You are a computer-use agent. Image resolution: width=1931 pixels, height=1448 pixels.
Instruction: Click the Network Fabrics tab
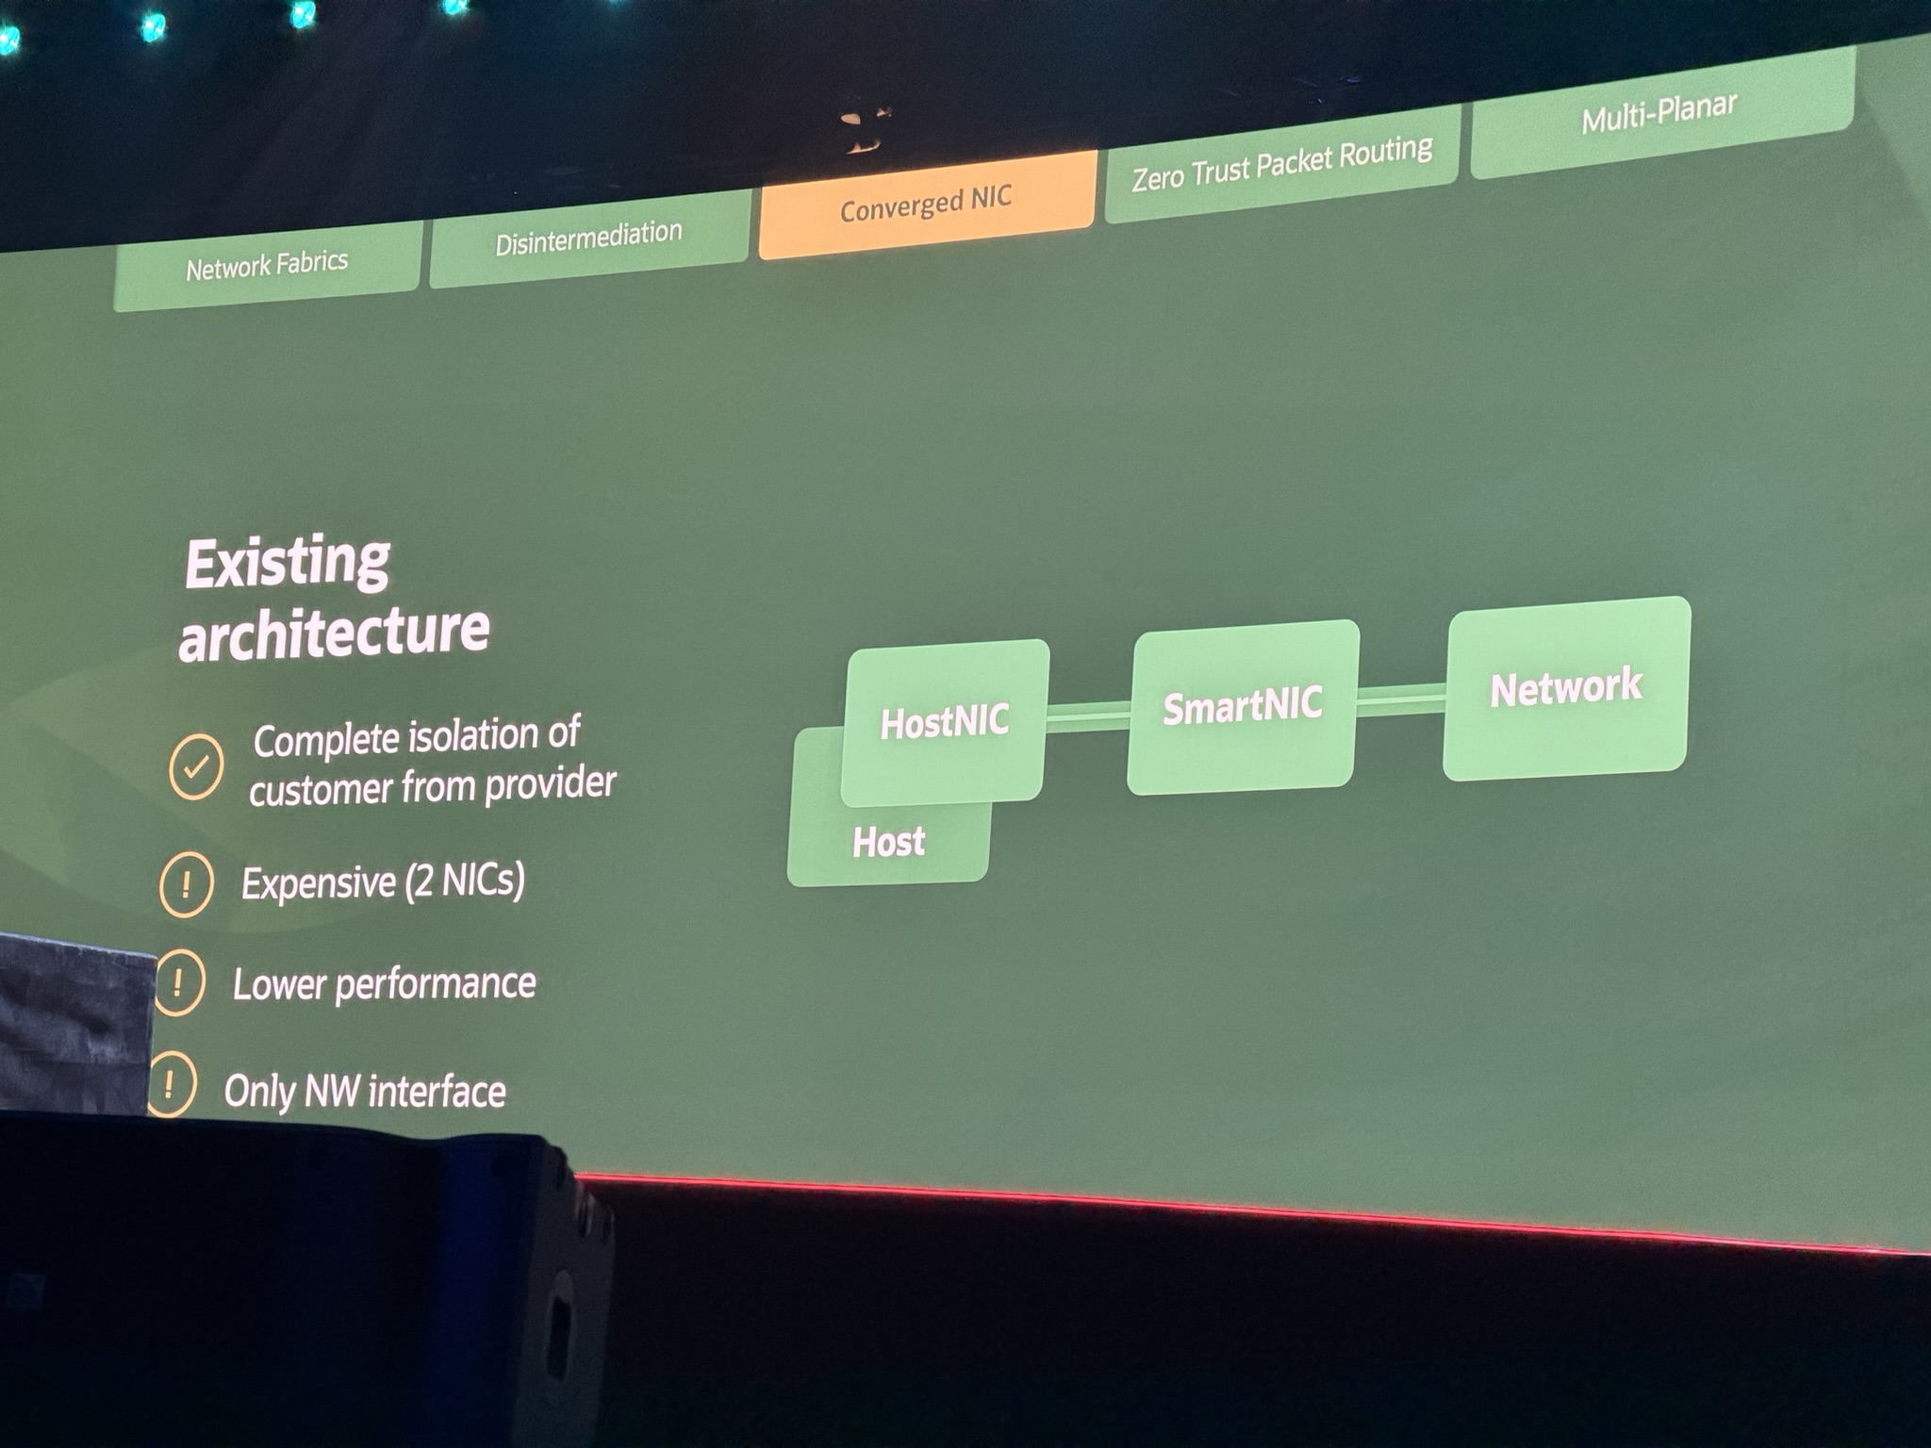coord(267,265)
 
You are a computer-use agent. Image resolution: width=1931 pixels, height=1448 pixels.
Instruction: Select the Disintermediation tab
coord(588,239)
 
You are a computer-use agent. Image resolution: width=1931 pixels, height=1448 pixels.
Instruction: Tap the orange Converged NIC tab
coord(926,204)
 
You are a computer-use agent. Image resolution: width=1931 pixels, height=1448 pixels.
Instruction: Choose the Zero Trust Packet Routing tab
coord(1281,162)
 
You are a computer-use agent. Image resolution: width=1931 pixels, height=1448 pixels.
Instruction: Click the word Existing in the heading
coord(288,563)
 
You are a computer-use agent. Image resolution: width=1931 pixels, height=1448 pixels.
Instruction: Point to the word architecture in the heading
coord(335,633)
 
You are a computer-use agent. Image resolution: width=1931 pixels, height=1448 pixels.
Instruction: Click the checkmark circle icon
coord(196,766)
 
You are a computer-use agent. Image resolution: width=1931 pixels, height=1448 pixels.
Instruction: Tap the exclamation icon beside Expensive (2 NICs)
coord(186,884)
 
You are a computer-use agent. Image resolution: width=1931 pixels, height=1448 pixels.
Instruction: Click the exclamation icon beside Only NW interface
coord(171,1084)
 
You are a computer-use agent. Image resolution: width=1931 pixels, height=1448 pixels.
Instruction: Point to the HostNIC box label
coord(945,722)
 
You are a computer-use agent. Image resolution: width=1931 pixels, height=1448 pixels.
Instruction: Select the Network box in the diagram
coord(1566,687)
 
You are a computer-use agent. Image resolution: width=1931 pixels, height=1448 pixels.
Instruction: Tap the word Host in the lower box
coord(888,841)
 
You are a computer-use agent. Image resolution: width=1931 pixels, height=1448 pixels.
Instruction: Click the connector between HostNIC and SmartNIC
coord(1088,716)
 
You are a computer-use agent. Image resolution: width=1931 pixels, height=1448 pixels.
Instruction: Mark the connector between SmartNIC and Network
coord(1400,699)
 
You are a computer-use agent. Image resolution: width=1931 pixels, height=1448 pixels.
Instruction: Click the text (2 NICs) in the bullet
coord(465,880)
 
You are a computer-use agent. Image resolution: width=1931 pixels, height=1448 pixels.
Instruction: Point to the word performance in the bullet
coord(435,983)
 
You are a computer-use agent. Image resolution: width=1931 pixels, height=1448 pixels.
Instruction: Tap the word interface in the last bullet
coord(437,1092)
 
